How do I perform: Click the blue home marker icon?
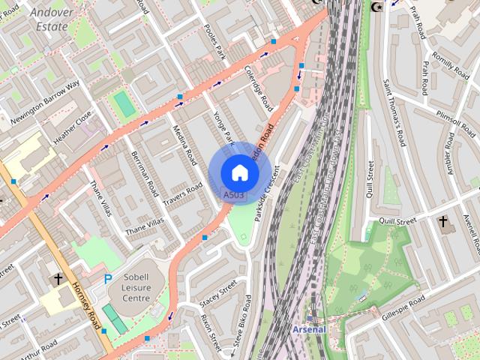pyautogui.click(x=239, y=172)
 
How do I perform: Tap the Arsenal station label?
pyautogui.click(x=309, y=329)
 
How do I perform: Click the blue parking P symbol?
pyautogui.click(x=108, y=279)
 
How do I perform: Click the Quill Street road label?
pyautogui.click(x=397, y=221)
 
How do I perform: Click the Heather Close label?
pyautogui.click(x=72, y=128)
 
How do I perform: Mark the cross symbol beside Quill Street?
pyautogui.click(x=443, y=222)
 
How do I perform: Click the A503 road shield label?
pyautogui.click(x=234, y=195)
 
